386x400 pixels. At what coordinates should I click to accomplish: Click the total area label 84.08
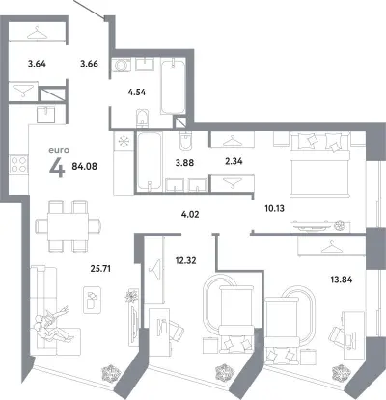coord(85,167)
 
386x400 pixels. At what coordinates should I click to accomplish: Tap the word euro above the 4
coord(59,150)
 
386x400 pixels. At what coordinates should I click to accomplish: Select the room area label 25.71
coord(100,268)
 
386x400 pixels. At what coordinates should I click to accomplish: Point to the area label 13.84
coord(342,280)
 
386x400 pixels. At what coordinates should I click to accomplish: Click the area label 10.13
coord(274,209)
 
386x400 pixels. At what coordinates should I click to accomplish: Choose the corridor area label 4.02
coord(190,214)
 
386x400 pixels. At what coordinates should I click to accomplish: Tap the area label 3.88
coord(184,163)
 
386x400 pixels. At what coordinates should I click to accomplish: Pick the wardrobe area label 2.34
coord(234,161)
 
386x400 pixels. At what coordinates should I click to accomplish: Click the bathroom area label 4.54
coord(137,93)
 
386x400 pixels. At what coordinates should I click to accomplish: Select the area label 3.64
coord(37,64)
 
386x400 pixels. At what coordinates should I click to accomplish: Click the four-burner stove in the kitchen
coord(18,164)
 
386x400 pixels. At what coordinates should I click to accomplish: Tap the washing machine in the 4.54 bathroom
coord(122,66)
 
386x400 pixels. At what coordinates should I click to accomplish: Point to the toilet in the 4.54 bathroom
coord(142,118)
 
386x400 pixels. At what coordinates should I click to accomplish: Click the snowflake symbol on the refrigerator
coord(124,142)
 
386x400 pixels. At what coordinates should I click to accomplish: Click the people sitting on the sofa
coord(53,326)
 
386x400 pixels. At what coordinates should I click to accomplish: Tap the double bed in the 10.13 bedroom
coord(319,165)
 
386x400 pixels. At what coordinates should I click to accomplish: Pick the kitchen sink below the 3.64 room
coord(46,115)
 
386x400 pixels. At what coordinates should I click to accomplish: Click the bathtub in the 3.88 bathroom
coord(150,163)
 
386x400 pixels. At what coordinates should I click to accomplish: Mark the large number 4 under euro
coord(57,168)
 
